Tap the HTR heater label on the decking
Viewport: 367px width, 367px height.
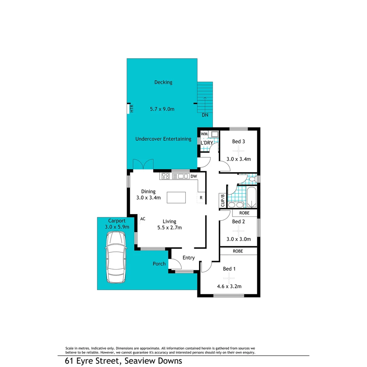[x=132, y=109]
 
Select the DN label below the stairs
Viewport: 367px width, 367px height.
[x=205, y=115]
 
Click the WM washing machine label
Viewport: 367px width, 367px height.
[x=204, y=134]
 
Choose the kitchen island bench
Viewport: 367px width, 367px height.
[x=176, y=197]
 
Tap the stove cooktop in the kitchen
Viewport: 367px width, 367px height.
[x=166, y=176]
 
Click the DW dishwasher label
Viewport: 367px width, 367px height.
[x=193, y=176]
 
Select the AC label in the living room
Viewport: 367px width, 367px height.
[x=143, y=219]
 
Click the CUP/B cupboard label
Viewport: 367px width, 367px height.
[x=223, y=200]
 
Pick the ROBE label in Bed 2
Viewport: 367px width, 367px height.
[x=244, y=213]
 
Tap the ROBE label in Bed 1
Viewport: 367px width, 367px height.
[x=238, y=251]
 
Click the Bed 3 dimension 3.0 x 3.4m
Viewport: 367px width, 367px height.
[x=239, y=159]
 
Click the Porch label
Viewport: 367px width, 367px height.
[x=159, y=264]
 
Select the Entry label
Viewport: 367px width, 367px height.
[x=189, y=258]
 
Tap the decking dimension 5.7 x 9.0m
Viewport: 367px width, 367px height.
[x=162, y=109]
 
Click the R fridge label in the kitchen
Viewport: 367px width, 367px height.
[x=201, y=197]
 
